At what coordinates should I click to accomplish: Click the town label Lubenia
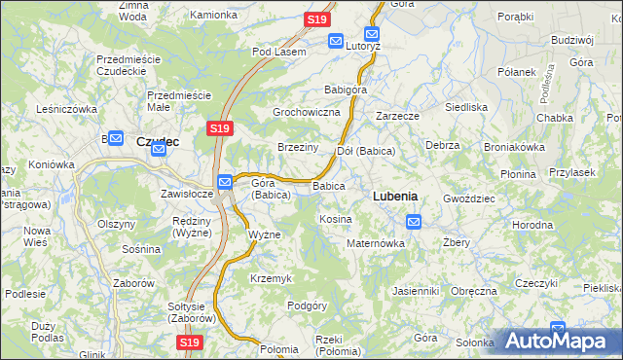395,196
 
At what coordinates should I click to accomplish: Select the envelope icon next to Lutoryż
336,41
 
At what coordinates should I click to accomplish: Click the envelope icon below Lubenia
414,222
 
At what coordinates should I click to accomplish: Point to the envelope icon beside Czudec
115,139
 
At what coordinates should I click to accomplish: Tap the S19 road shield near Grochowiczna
219,127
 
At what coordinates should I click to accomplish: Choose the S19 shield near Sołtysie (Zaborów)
191,342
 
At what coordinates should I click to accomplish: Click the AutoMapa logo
557,340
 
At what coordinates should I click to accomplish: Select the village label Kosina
336,220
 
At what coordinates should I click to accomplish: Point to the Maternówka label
376,243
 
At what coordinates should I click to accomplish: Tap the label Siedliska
465,107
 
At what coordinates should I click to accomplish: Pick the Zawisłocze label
187,193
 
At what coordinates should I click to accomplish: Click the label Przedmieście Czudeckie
128,65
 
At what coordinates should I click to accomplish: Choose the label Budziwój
571,40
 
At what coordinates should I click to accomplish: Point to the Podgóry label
307,306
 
